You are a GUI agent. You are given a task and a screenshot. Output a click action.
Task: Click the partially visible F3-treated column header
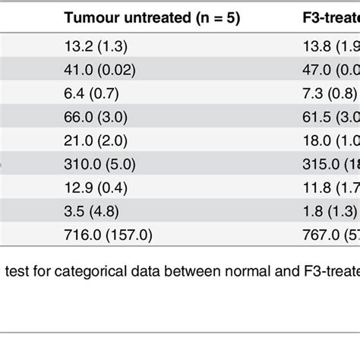[327, 17]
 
